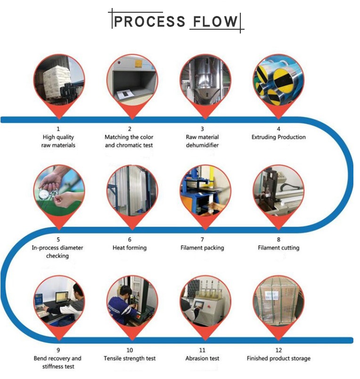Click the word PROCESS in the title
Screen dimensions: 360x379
(149, 21)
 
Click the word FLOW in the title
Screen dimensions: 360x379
(215, 21)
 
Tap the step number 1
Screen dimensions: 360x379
(58, 129)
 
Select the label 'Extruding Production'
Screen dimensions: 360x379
(278, 137)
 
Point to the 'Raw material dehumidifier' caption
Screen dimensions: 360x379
(202, 141)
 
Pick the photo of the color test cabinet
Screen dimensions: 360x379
(132, 80)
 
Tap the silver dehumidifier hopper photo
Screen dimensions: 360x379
(205, 80)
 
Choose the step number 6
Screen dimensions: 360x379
(130, 239)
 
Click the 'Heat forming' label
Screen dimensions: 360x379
(130, 248)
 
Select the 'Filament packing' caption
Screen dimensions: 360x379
(203, 248)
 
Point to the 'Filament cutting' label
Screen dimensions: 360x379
(278, 248)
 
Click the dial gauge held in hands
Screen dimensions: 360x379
(45, 194)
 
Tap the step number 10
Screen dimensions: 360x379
(130, 350)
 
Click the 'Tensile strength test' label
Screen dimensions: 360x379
(130, 358)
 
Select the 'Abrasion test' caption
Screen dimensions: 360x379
(203, 358)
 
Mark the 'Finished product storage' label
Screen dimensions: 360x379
(278, 358)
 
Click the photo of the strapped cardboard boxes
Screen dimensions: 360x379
(278, 301)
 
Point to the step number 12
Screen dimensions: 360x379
(278, 350)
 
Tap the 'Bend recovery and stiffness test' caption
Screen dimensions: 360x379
(58, 363)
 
